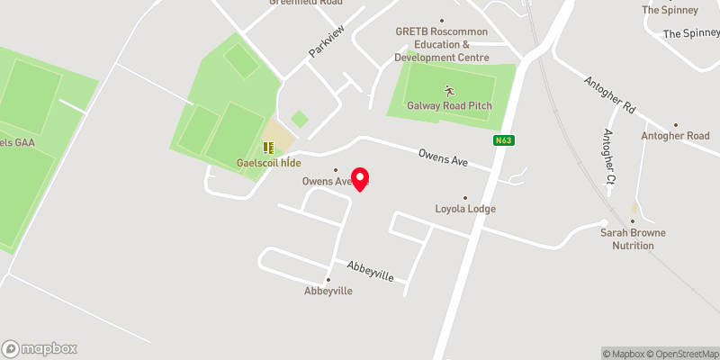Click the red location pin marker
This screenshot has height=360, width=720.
pyautogui.click(x=360, y=179)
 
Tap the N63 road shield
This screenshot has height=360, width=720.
pyautogui.click(x=503, y=140)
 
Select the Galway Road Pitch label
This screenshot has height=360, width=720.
pyautogui.click(x=449, y=105)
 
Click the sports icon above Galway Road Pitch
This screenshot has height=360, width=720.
pyautogui.click(x=449, y=90)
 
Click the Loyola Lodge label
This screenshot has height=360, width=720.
pyautogui.click(x=463, y=209)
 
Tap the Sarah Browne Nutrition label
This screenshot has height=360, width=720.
pyautogui.click(x=633, y=238)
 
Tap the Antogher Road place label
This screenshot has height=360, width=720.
pyautogui.click(x=675, y=136)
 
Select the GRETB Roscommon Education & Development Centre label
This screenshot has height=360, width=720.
pyautogui.click(x=441, y=44)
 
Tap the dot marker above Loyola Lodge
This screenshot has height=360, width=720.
pyautogui.click(x=465, y=198)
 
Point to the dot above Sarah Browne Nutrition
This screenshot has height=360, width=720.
pyautogui.click(x=633, y=221)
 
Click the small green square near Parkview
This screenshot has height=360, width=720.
pyautogui.click(x=300, y=119)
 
